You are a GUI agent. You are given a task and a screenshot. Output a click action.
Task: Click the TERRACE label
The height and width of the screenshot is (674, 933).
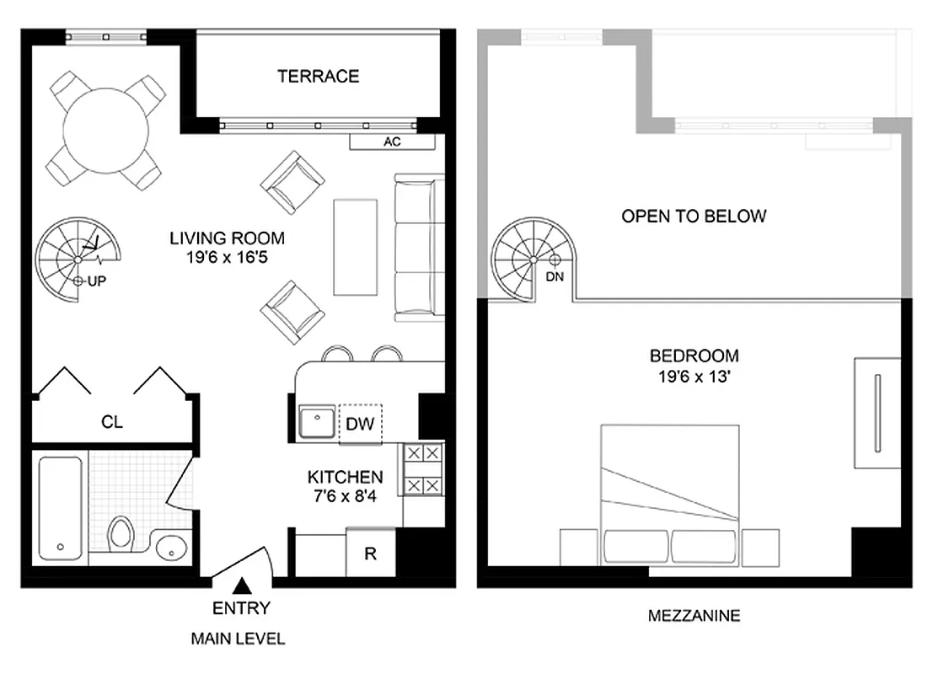point(319,76)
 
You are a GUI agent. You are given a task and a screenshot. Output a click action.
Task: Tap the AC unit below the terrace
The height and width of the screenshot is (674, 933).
point(392,142)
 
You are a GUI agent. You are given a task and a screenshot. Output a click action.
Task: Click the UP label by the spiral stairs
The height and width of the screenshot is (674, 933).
point(97,281)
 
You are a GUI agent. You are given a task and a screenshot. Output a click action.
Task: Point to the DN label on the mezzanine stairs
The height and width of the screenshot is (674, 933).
point(555,276)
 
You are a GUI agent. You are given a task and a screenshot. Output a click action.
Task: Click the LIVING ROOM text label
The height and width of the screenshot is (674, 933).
point(227,238)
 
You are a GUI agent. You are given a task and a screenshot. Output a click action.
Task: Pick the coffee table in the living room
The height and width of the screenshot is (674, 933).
point(356,246)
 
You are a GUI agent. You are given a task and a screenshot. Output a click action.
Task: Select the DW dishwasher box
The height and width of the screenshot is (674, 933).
point(360,423)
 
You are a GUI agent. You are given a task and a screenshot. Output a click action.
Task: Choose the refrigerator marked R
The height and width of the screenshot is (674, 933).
point(370,554)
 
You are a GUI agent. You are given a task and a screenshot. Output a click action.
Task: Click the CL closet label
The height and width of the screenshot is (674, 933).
point(112,422)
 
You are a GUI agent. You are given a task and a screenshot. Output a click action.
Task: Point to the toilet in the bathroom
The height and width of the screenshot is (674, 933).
point(122,532)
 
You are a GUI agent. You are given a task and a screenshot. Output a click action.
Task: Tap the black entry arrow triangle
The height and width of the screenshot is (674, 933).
point(242,584)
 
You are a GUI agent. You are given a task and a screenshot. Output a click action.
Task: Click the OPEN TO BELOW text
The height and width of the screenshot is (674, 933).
point(694,217)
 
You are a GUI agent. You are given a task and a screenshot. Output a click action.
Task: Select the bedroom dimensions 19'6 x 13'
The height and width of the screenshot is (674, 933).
point(694,377)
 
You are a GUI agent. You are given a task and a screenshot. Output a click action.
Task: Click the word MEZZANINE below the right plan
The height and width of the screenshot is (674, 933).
point(694,616)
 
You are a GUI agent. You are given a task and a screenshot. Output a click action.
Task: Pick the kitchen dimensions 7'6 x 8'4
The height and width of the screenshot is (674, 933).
point(345,496)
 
